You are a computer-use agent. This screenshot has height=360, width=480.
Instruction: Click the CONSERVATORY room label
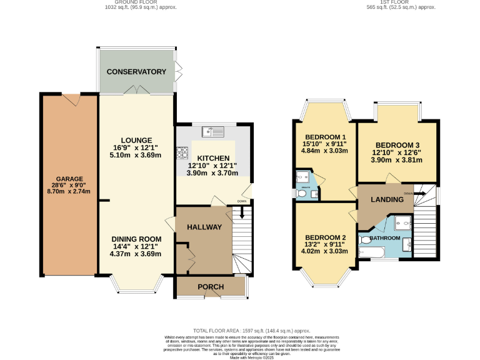tap(136, 72)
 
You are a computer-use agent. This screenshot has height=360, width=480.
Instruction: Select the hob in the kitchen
tap(183, 152)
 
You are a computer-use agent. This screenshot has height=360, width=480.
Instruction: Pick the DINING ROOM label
tap(136, 239)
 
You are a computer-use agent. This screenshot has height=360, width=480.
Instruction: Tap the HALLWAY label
tap(204, 227)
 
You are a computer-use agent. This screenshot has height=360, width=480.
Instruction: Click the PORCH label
tap(210, 287)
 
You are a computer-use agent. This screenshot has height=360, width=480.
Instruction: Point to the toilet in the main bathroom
tap(364, 239)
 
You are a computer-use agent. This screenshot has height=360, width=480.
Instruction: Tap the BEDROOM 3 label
tap(396, 144)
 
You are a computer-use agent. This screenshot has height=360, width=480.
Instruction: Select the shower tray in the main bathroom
tap(402, 222)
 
